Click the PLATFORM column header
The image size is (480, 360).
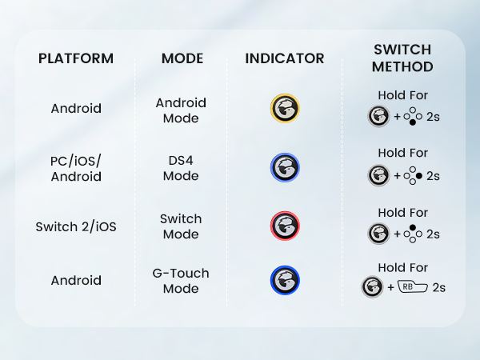click(x=76, y=58)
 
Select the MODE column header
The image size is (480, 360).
click(x=182, y=58)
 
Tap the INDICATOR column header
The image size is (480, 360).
click(x=285, y=58)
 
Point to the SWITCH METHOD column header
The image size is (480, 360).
click(x=402, y=58)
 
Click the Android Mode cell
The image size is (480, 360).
click(x=181, y=110)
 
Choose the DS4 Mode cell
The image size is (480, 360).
click(x=181, y=168)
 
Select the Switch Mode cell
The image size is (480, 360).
click(x=181, y=226)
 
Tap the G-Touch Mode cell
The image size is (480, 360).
click(x=181, y=280)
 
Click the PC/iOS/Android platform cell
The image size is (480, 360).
click(x=76, y=168)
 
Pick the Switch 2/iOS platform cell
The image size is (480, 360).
click(x=76, y=226)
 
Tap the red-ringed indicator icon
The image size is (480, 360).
click(x=285, y=226)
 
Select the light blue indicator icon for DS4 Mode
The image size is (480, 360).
click(x=285, y=168)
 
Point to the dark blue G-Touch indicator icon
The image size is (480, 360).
click(x=285, y=280)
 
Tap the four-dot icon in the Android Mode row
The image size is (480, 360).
click(x=413, y=118)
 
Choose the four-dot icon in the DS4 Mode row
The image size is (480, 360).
click(x=413, y=175)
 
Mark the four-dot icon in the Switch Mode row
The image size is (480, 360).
click(x=413, y=234)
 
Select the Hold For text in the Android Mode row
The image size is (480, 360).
click(x=402, y=95)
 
